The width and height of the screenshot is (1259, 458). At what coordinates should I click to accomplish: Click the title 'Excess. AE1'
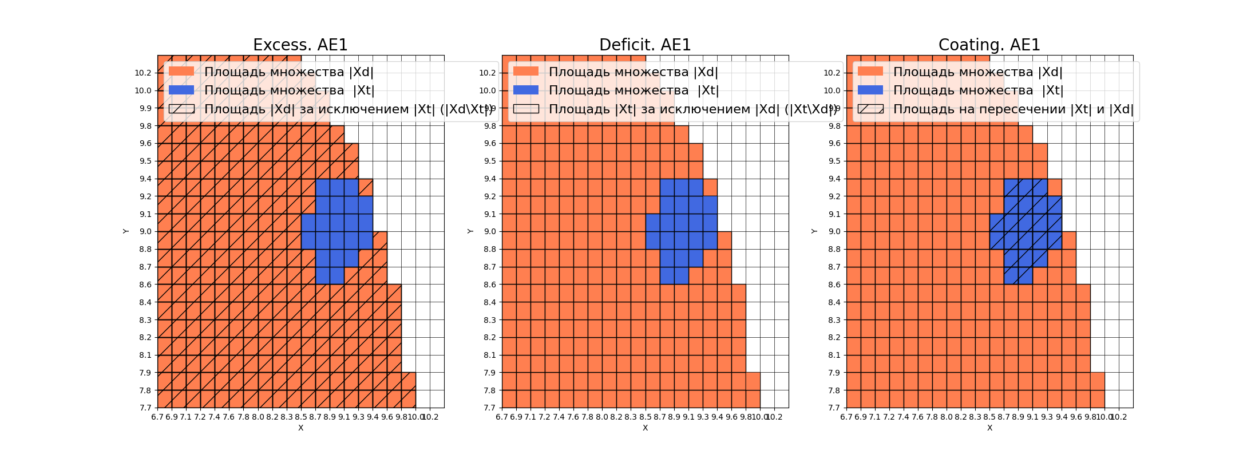tap(300, 45)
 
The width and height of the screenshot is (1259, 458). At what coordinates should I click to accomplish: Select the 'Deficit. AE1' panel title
tap(645, 45)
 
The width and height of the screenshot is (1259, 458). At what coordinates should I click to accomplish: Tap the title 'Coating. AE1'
tap(989, 45)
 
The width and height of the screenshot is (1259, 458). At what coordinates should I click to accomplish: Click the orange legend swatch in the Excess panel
tap(181, 72)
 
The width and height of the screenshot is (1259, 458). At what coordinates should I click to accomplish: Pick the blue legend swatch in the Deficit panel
tap(526, 90)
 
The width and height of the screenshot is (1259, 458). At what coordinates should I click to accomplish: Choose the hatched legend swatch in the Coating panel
tap(870, 109)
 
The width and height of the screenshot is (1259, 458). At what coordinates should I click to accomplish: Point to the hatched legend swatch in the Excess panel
tap(181, 109)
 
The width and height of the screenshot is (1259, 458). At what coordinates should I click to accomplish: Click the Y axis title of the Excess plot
tap(126, 231)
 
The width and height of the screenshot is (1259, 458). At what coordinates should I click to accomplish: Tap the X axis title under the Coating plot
tap(989, 428)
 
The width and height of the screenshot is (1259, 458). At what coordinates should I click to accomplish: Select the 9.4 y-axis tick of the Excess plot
tap(145, 179)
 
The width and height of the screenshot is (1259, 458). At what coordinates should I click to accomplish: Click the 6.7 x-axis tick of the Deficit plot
tap(502, 417)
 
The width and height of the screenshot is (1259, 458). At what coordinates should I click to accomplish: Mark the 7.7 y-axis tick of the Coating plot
tap(834, 408)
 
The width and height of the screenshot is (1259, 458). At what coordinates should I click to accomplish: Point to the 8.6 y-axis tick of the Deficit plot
tap(489, 285)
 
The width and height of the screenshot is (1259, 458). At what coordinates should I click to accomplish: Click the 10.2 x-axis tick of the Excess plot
tap(430, 417)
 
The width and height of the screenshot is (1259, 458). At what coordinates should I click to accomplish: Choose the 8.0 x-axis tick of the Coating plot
tap(947, 417)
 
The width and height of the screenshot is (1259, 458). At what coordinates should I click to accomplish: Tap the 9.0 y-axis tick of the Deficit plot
tap(489, 231)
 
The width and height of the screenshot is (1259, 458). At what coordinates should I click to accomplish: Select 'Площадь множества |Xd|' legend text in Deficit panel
tap(633, 72)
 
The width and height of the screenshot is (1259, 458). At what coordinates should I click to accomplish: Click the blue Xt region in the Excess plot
tap(338, 229)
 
